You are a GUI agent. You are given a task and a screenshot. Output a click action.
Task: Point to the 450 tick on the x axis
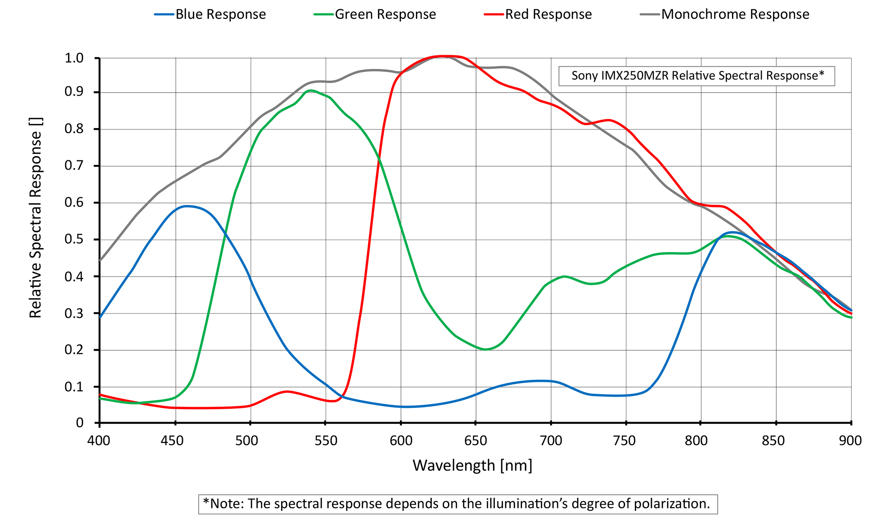point(172,441)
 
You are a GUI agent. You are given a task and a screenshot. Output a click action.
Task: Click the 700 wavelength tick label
point(551,441)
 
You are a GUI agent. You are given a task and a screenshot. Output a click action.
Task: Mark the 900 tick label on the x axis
point(850,441)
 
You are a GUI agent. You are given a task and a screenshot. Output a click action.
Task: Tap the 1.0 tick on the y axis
point(74,58)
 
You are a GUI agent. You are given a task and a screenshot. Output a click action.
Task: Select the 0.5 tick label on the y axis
point(74,240)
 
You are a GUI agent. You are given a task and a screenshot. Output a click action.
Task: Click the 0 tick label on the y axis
point(80,423)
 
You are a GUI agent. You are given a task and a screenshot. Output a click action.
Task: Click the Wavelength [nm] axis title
point(472,465)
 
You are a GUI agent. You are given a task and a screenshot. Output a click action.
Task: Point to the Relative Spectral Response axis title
point(36,217)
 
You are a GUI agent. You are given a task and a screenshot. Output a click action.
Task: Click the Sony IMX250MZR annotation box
point(697,76)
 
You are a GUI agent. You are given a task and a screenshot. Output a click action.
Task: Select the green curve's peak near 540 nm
point(310,90)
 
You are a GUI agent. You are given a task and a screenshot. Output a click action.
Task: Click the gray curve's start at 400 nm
point(100,261)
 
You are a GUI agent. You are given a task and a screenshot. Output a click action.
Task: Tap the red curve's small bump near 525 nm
point(287,391)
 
